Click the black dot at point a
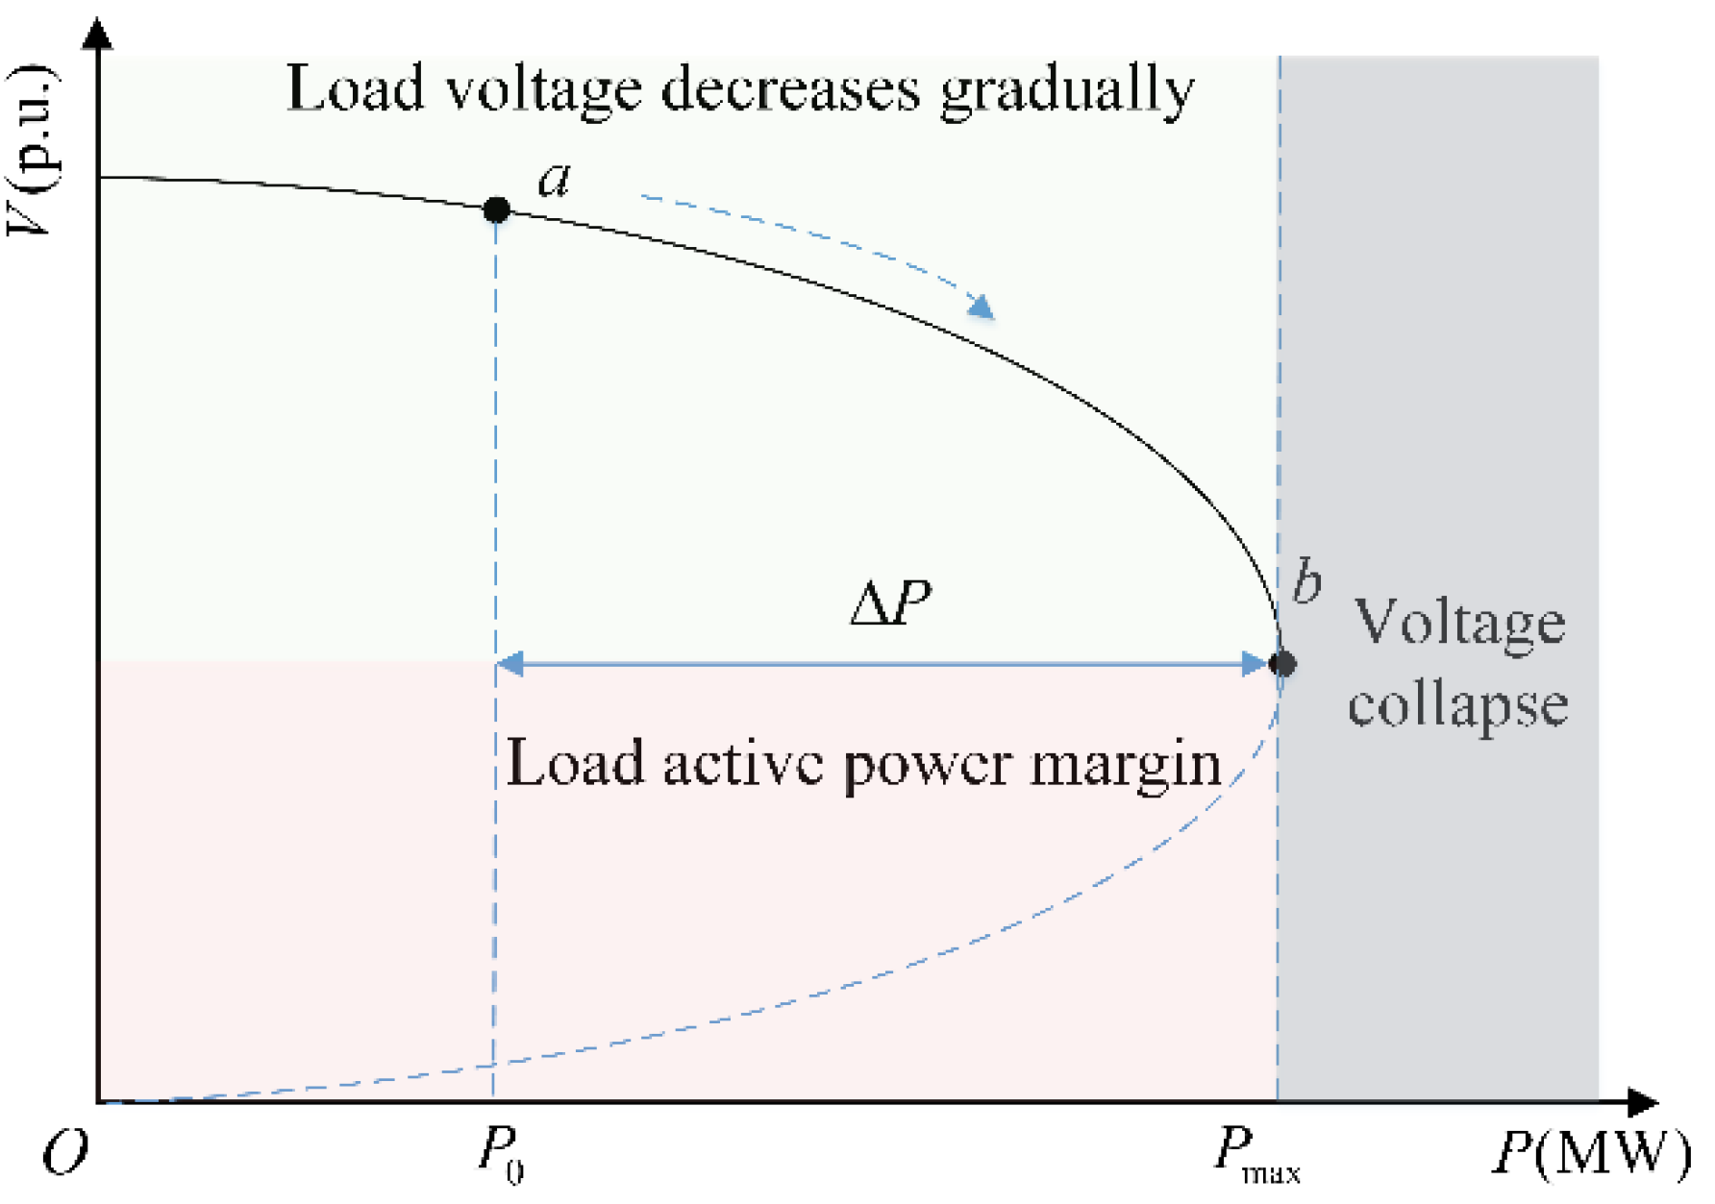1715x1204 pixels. point(496,209)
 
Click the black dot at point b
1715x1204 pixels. point(1281,663)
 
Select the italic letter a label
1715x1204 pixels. point(555,180)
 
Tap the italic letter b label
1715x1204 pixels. point(1306,581)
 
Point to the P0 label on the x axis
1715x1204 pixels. point(501,1152)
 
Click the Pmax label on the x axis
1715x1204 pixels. point(1255,1154)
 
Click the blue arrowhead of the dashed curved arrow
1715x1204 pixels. point(982,307)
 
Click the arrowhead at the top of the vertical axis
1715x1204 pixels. point(98,35)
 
